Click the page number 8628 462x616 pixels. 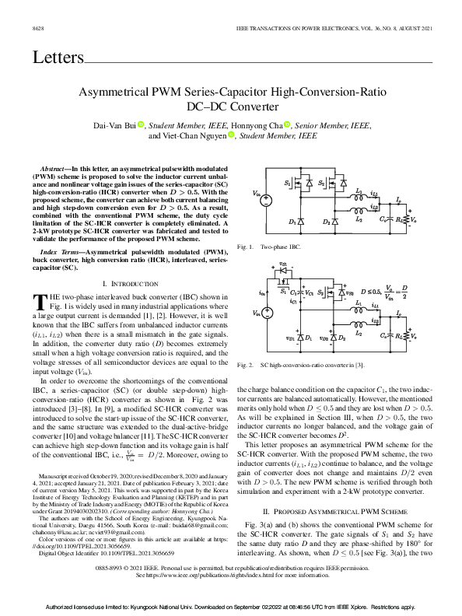pyautogui.click(x=37, y=28)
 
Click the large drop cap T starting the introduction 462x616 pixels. pyautogui.click(x=39, y=300)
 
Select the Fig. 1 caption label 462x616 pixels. pyautogui.click(x=245, y=246)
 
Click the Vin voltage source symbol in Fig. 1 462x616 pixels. pyautogui.click(x=265, y=200)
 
